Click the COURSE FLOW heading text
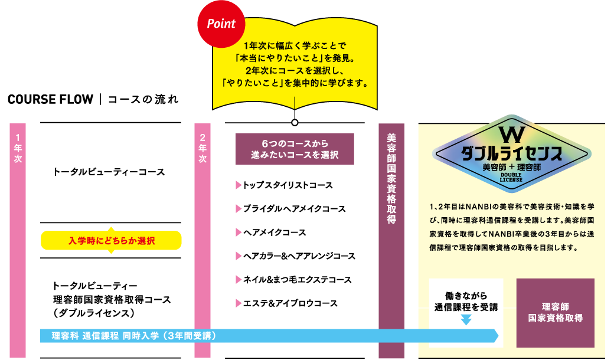click(x=50, y=99)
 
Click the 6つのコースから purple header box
click(x=294, y=149)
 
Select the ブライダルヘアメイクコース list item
click(x=294, y=209)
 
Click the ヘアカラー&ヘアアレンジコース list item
click(x=299, y=256)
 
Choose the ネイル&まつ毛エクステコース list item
click(x=297, y=280)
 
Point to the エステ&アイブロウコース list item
click(x=290, y=303)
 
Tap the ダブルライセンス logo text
click(x=511, y=153)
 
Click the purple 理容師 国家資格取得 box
click(x=555, y=312)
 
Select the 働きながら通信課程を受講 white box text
click(x=466, y=301)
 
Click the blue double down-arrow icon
click(x=466, y=319)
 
